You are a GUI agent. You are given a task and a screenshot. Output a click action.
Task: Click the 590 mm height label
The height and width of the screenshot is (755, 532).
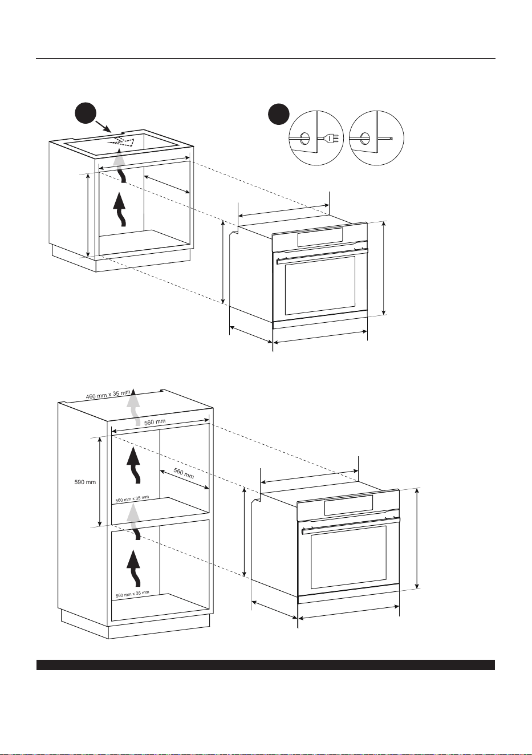(85, 482)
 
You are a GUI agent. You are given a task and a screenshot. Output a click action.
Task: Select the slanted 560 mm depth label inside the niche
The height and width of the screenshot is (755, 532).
(184, 473)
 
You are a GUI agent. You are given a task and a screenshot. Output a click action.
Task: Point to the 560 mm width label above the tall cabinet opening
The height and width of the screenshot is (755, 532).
(155, 422)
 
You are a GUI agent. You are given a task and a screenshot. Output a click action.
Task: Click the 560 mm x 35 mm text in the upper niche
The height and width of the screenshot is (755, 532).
(132, 499)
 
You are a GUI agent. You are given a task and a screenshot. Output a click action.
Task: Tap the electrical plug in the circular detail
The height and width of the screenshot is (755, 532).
(330, 138)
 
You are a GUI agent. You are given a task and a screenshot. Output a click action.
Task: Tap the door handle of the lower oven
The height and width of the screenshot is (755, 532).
(351, 525)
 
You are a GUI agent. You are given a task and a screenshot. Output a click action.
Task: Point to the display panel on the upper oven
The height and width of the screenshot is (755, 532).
(320, 237)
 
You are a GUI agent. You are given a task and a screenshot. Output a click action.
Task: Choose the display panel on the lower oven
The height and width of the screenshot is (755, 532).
(348, 505)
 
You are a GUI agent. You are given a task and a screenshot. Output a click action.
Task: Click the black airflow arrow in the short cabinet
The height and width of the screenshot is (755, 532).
(120, 209)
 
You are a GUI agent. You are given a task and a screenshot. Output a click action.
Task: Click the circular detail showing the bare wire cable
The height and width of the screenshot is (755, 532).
(376, 138)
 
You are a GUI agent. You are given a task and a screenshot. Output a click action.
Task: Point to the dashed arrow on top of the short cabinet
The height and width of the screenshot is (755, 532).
(121, 143)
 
